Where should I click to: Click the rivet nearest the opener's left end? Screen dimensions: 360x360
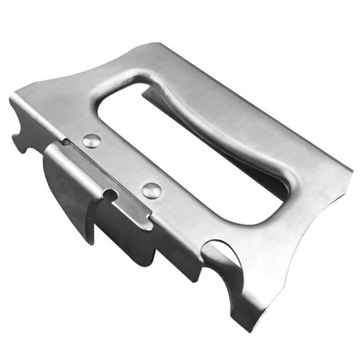coord(91,141)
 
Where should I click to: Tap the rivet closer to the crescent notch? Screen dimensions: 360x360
coord(152,190)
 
